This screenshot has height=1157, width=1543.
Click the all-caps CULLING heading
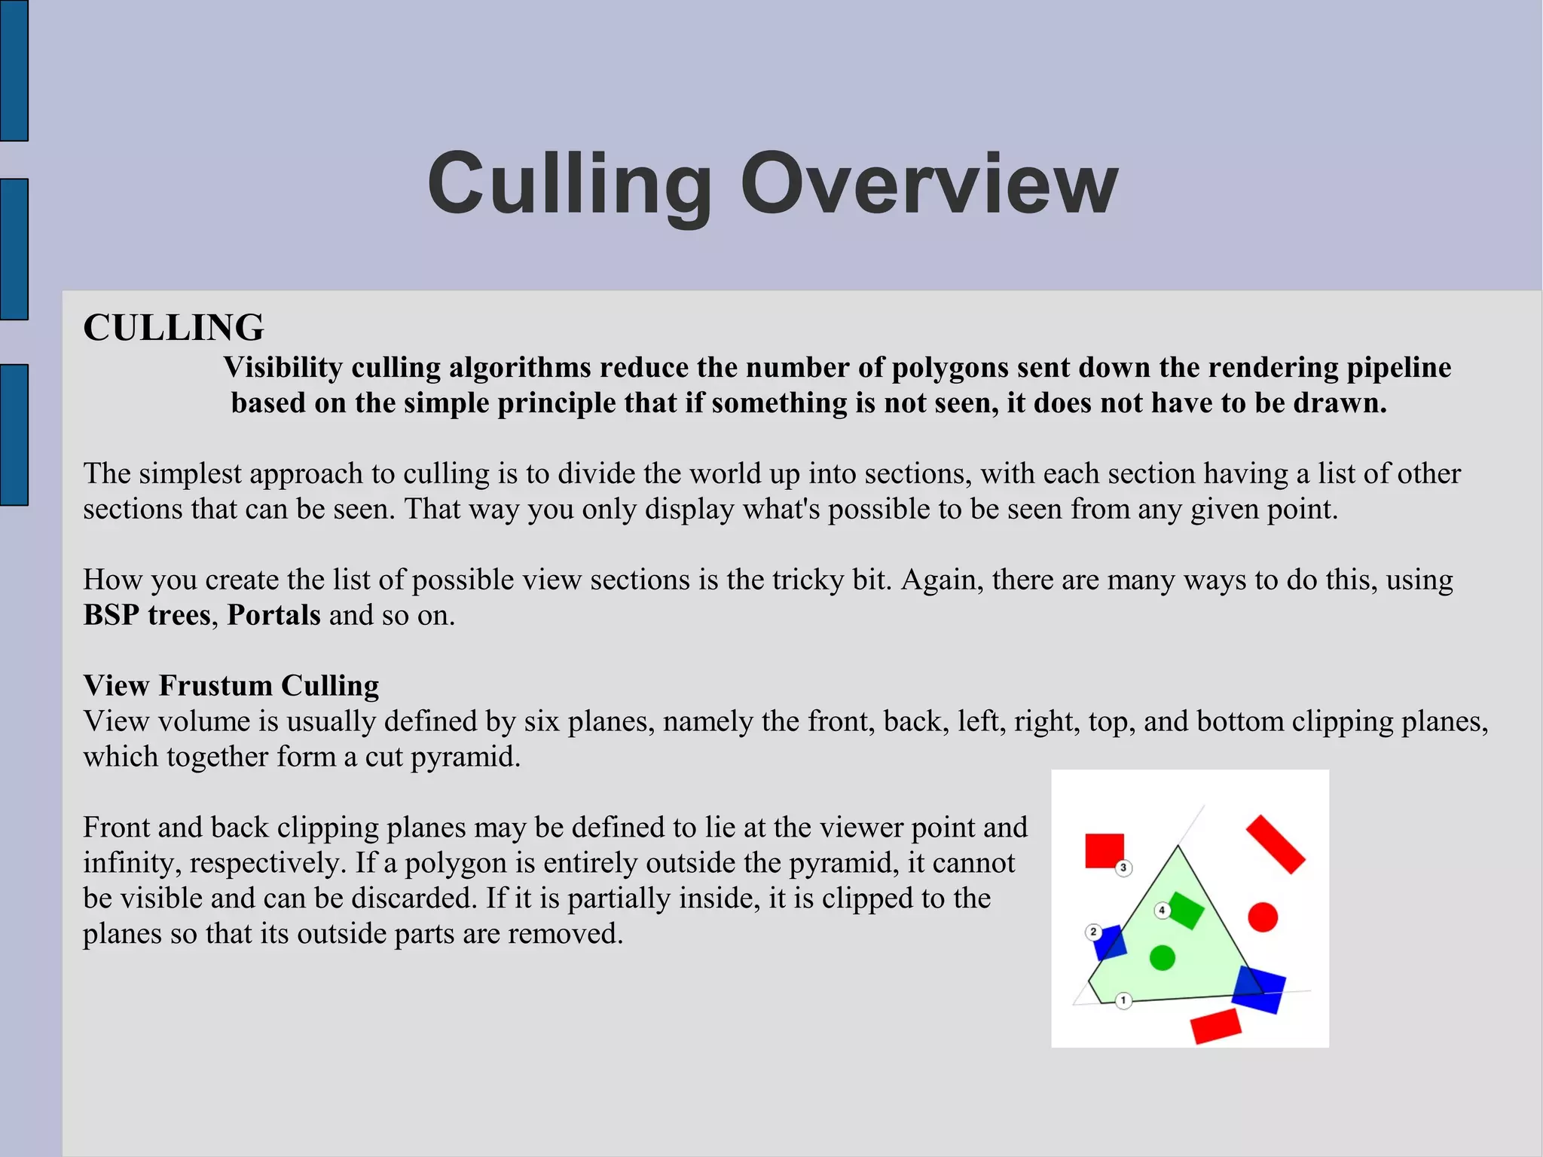point(173,328)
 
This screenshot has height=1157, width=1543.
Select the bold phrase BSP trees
point(147,615)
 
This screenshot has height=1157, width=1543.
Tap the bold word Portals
point(274,615)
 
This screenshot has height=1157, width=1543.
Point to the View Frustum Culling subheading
point(231,686)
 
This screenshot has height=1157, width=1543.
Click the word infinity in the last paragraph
point(131,863)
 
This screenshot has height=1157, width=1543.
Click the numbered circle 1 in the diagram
point(1123,1001)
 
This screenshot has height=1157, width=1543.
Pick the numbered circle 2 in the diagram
point(1093,932)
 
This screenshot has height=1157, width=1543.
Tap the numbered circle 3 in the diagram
point(1123,868)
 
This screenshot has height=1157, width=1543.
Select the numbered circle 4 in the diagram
point(1162,911)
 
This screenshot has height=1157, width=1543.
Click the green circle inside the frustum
point(1163,958)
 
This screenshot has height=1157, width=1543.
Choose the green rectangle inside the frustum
point(1187,911)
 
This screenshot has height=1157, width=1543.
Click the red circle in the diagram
point(1263,917)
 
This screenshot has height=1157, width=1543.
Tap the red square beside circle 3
point(1104,850)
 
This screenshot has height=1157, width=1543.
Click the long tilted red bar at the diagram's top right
point(1276,845)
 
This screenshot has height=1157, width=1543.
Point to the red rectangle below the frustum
point(1215,1026)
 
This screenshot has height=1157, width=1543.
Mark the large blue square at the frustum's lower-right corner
point(1259,990)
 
